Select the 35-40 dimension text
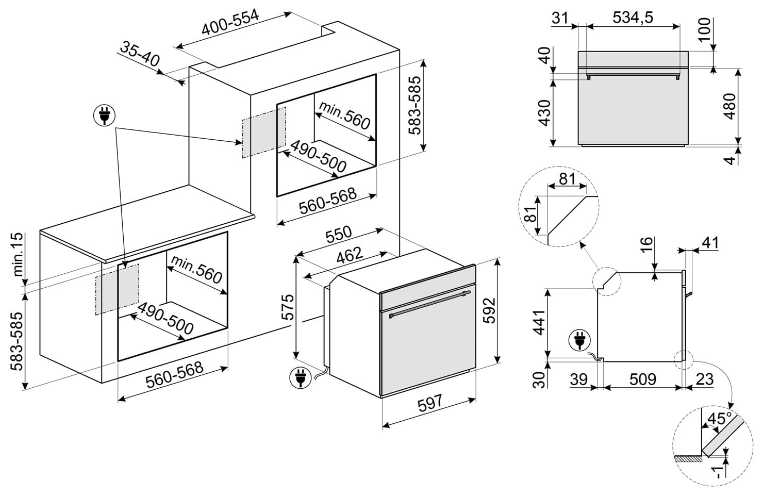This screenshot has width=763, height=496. pos(140,54)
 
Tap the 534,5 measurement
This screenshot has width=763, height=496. pos(633,18)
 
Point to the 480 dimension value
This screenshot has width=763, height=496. pos(730,106)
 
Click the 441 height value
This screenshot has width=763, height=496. pos(539,322)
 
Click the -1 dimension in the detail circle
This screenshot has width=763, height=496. pos(717,472)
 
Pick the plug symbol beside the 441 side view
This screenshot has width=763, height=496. pos(578,342)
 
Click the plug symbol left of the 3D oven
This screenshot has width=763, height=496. pos(301,377)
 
